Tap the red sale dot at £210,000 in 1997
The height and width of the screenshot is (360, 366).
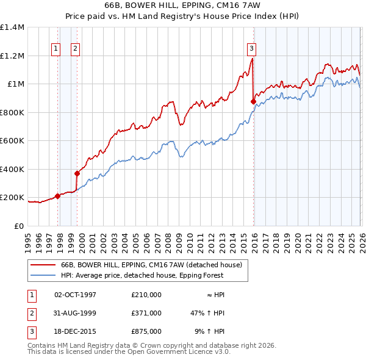point(58,196)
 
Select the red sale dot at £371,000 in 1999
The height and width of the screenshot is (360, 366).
point(77,173)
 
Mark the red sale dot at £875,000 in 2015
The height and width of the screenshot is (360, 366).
point(253,101)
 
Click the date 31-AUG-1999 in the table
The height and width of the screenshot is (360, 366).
point(75,313)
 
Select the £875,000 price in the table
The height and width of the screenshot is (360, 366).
point(146,332)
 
